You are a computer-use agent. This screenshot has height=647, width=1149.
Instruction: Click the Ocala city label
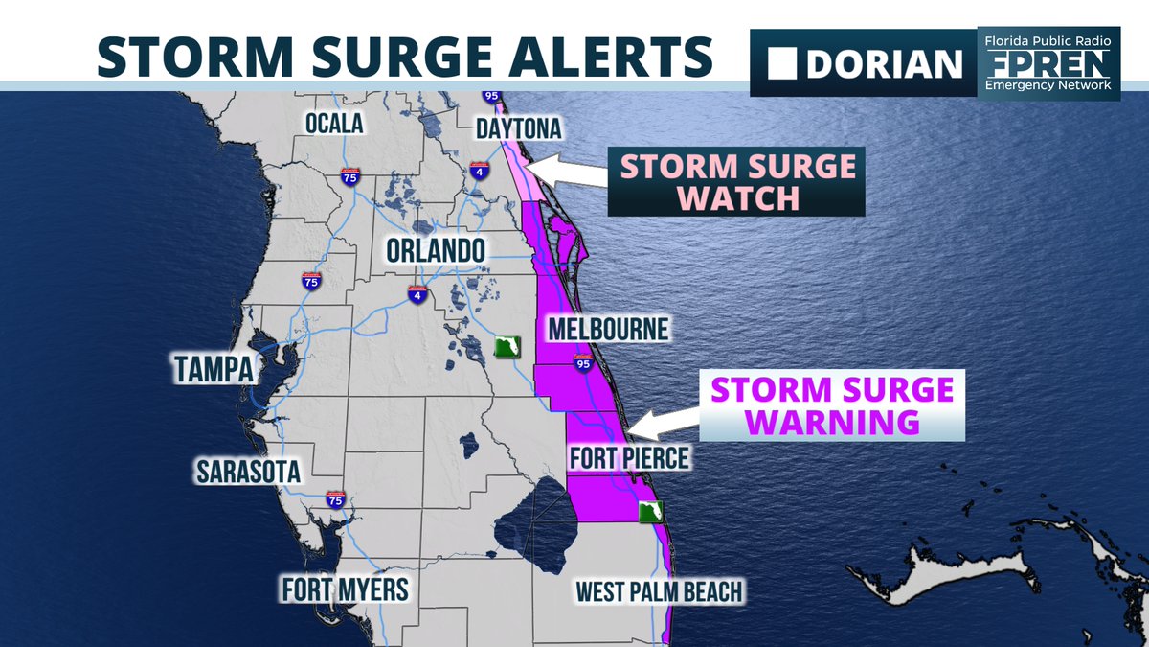[x=334, y=124]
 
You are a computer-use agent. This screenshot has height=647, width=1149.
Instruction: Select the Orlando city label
[x=437, y=251]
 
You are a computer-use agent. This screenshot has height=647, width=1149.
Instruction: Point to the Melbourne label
[x=607, y=330]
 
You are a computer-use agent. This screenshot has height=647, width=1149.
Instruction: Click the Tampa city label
[x=213, y=369]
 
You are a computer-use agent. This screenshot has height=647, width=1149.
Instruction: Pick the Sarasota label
[x=248, y=472]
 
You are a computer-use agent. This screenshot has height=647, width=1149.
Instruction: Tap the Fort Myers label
[x=345, y=589]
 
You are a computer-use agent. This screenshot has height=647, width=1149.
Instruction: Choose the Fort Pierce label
[x=628, y=458]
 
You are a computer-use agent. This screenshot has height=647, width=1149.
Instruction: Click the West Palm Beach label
[x=659, y=591]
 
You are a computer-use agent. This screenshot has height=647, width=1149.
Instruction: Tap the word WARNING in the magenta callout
[x=832, y=422]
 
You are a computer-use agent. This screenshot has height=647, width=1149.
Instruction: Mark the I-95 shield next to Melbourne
[x=582, y=362]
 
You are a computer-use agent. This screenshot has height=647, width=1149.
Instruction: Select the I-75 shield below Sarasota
[x=335, y=499]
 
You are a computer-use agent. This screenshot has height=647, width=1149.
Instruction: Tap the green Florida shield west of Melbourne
[x=507, y=346]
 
